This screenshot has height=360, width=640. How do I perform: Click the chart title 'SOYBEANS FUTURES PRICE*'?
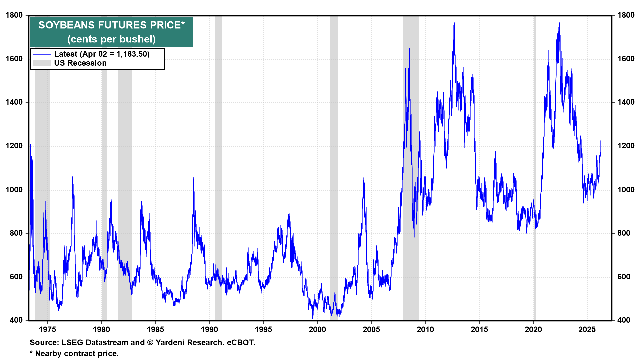point(111,25)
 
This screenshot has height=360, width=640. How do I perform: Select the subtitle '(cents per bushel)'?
point(111,39)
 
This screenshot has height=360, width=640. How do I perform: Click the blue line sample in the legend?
point(42,54)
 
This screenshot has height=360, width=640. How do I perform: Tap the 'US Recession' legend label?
point(80,63)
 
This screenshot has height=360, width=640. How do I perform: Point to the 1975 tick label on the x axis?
point(47,330)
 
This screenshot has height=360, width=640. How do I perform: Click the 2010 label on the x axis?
point(425,330)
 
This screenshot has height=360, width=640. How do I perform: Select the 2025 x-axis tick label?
point(587,330)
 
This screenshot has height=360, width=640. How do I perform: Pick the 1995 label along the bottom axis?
point(263,330)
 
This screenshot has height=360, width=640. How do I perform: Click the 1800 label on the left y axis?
point(14,15)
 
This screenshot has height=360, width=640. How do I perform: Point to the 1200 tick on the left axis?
point(14,146)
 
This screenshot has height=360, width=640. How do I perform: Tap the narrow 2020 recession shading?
point(535,167)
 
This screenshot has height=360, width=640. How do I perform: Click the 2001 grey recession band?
point(334,167)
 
